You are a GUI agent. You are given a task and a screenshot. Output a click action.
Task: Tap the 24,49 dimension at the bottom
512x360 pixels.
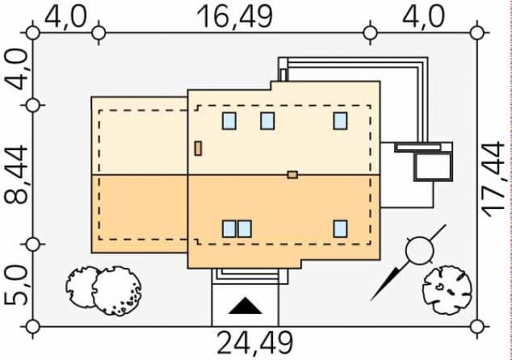tap(254, 342)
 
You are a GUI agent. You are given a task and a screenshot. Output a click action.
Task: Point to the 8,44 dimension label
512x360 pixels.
tap(16, 174)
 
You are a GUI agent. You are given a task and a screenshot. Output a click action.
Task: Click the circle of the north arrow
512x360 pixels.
tap(419, 251)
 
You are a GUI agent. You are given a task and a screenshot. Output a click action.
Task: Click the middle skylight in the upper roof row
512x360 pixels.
tap(267, 121)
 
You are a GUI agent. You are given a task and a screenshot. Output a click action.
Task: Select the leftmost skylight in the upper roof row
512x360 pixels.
tap(229, 121)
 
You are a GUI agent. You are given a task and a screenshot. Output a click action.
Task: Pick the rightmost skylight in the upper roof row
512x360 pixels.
tap(341, 121)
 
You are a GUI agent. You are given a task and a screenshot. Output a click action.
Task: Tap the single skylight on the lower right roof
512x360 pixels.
tap(341, 228)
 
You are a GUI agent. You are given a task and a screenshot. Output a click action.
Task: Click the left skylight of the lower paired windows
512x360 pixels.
tap(229, 228)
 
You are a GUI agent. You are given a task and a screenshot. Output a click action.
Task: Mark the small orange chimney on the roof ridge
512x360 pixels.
tap(292, 174)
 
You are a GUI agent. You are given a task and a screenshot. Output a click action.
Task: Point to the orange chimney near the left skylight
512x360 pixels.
tap(198, 148)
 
